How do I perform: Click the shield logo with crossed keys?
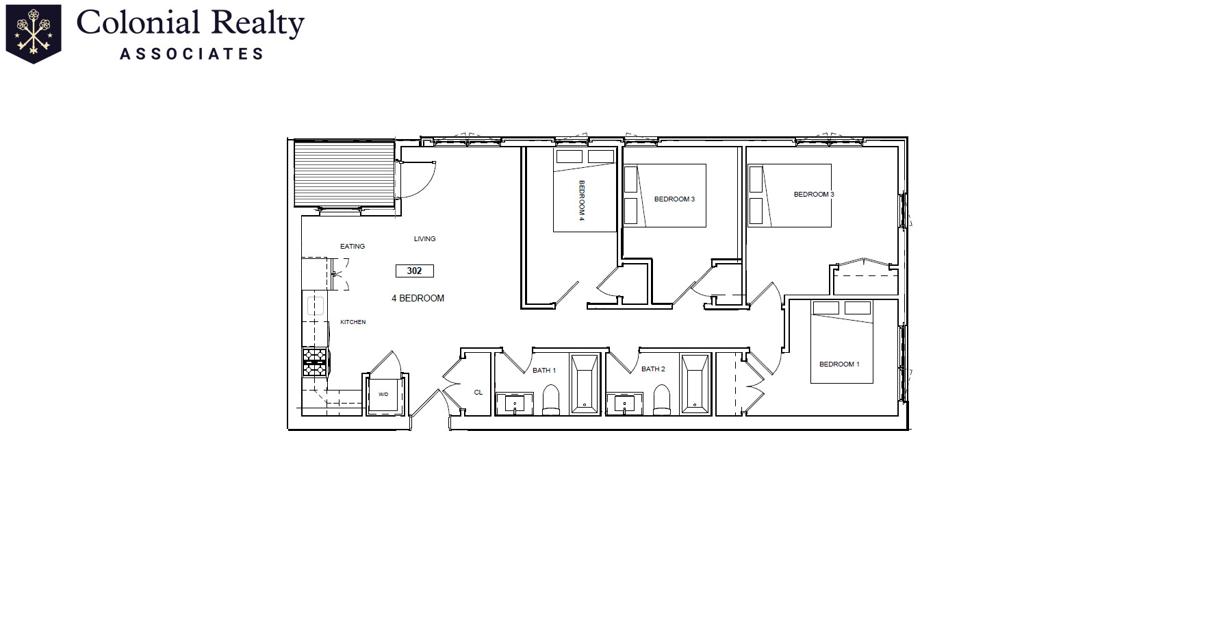34,33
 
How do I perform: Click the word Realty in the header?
257,23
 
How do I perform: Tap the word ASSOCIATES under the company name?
192,54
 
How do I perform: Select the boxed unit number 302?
414,271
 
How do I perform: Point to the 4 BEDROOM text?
418,298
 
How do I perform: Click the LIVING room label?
424,239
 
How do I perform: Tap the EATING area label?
353,247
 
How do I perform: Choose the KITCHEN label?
353,322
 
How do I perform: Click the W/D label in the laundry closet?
383,395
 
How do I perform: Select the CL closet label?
478,393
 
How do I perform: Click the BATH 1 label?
544,371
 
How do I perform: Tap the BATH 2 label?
653,369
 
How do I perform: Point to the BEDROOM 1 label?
839,364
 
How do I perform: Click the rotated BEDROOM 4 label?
582,200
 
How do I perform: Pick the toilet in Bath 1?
551,400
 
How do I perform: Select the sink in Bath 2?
624,404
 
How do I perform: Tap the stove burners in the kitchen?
315,362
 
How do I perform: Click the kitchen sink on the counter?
315,306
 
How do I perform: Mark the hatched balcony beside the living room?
344,173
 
